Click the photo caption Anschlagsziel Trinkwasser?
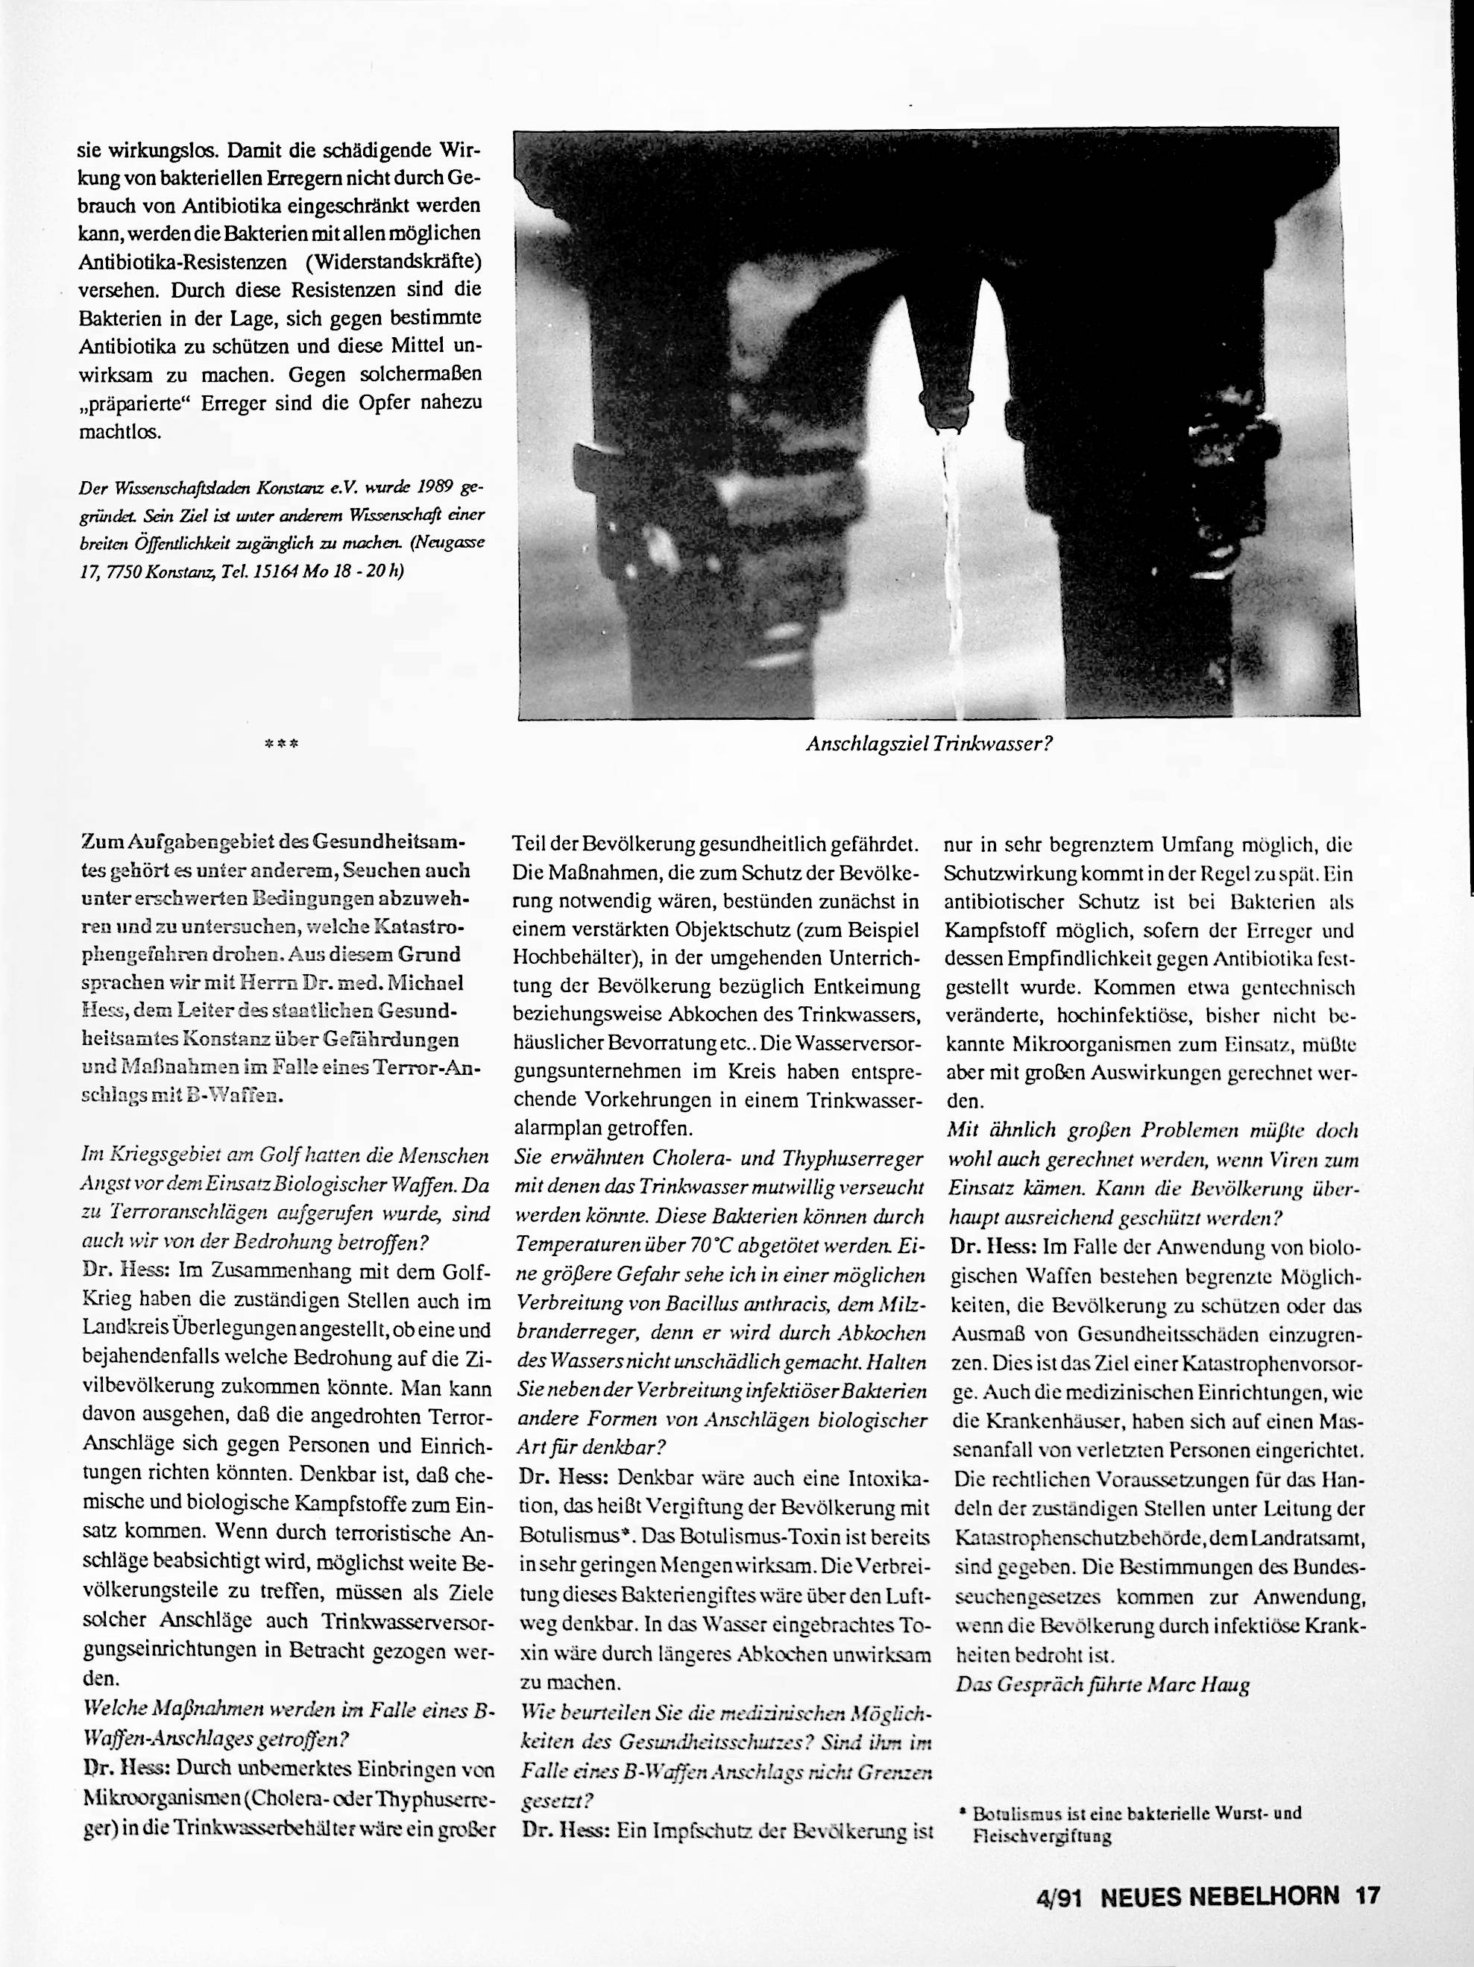point(929,744)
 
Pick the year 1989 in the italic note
point(430,487)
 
